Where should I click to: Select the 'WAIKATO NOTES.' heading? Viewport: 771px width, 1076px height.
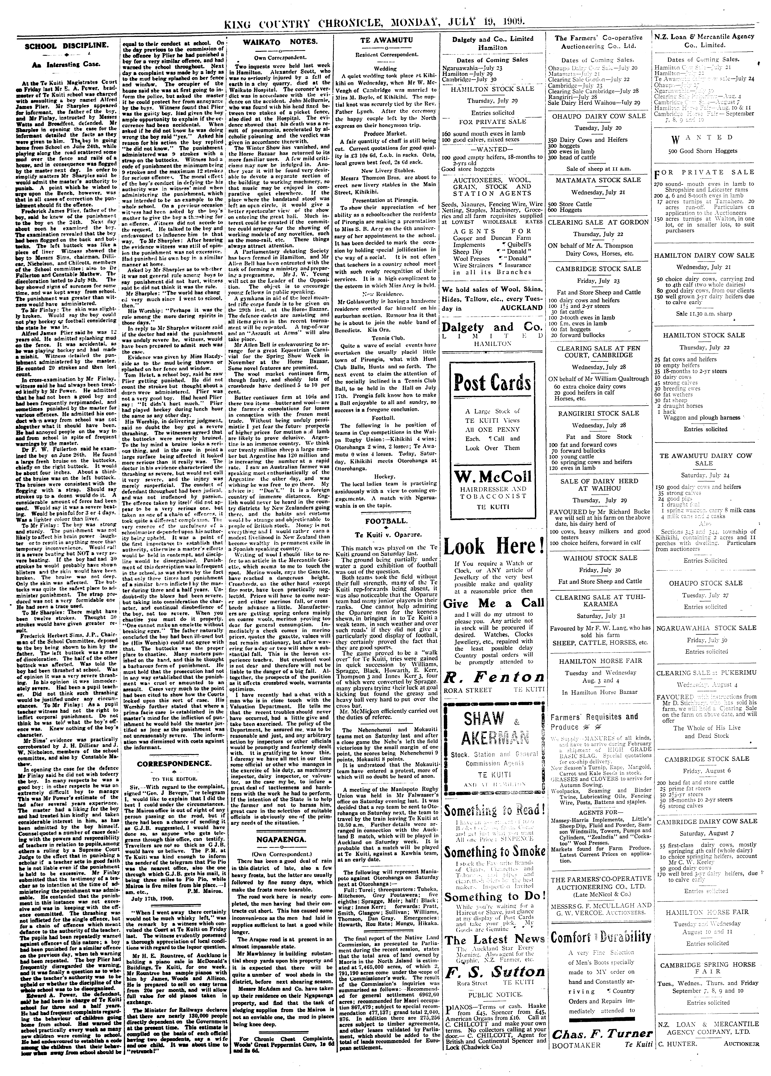(280, 42)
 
